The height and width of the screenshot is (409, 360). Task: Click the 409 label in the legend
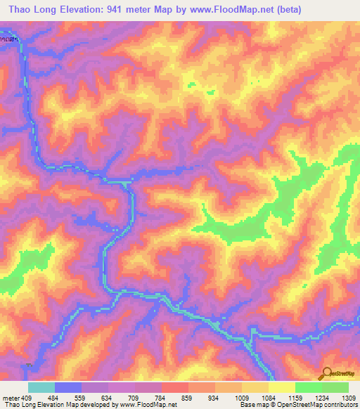[x=27, y=396]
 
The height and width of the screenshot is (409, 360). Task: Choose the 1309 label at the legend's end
[x=347, y=396]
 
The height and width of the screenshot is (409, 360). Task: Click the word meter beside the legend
[x=11, y=396]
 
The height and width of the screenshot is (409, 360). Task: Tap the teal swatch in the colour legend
[x=41, y=387]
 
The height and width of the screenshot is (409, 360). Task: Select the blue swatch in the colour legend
[x=68, y=387]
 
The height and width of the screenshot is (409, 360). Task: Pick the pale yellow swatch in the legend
[x=282, y=387]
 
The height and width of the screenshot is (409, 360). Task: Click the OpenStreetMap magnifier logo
[x=327, y=374]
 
